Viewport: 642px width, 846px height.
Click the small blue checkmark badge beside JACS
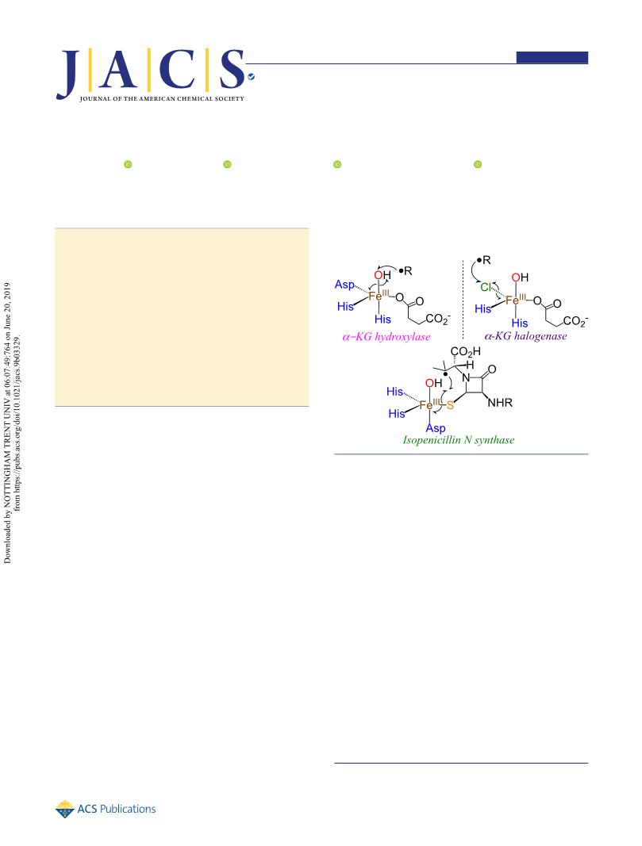click(x=251, y=77)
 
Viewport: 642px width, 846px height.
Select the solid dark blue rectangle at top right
click(x=552, y=57)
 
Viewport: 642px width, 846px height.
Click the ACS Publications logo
click(x=106, y=809)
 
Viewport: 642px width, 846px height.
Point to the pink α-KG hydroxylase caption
click(x=386, y=337)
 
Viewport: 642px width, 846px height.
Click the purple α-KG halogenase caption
click(x=526, y=336)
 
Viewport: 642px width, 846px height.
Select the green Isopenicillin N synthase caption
click(x=459, y=440)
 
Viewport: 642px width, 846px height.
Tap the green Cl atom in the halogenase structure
click(x=486, y=287)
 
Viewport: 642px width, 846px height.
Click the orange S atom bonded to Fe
click(x=450, y=405)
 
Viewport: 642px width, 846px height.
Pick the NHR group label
click(x=500, y=403)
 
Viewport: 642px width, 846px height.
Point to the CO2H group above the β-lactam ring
click(x=466, y=352)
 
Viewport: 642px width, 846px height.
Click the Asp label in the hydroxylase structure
click(x=344, y=285)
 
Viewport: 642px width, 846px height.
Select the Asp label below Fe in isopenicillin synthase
click(x=436, y=428)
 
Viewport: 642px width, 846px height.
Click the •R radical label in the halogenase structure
click(x=484, y=260)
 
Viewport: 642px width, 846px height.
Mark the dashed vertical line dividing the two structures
click(x=463, y=299)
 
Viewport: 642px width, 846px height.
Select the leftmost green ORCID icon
click(x=128, y=164)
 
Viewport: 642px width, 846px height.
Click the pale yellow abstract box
click(x=182, y=317)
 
